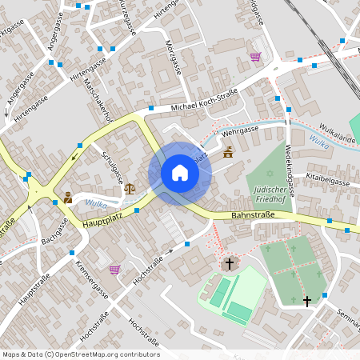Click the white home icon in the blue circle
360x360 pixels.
180,173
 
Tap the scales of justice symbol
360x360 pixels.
130,189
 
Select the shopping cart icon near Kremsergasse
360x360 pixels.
114,270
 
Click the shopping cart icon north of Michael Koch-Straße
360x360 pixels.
255,57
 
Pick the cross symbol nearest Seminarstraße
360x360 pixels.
307,301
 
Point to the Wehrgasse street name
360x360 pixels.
240,129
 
